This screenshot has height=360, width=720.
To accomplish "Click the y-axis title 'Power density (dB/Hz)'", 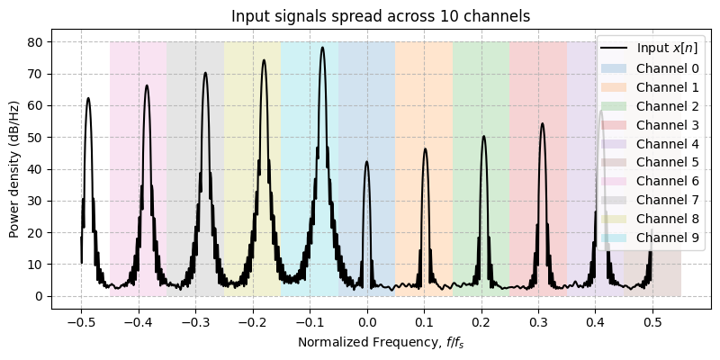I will (14, 168).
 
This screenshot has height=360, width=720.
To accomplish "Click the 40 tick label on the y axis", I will (41, 169).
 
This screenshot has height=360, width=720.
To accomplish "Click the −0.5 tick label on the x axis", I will (80, 319).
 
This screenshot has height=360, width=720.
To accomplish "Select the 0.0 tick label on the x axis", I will (367, 319).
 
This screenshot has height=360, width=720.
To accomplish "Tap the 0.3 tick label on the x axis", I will (539, 319).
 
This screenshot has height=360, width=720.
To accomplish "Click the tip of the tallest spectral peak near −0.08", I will (322, 48).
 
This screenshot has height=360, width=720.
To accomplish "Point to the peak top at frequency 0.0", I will (366, 162).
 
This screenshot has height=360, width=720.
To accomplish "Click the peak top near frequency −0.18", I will (264, 60).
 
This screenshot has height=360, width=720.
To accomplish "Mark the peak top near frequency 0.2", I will (483, 136).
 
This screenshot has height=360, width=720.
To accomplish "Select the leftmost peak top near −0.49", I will (88, 98).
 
